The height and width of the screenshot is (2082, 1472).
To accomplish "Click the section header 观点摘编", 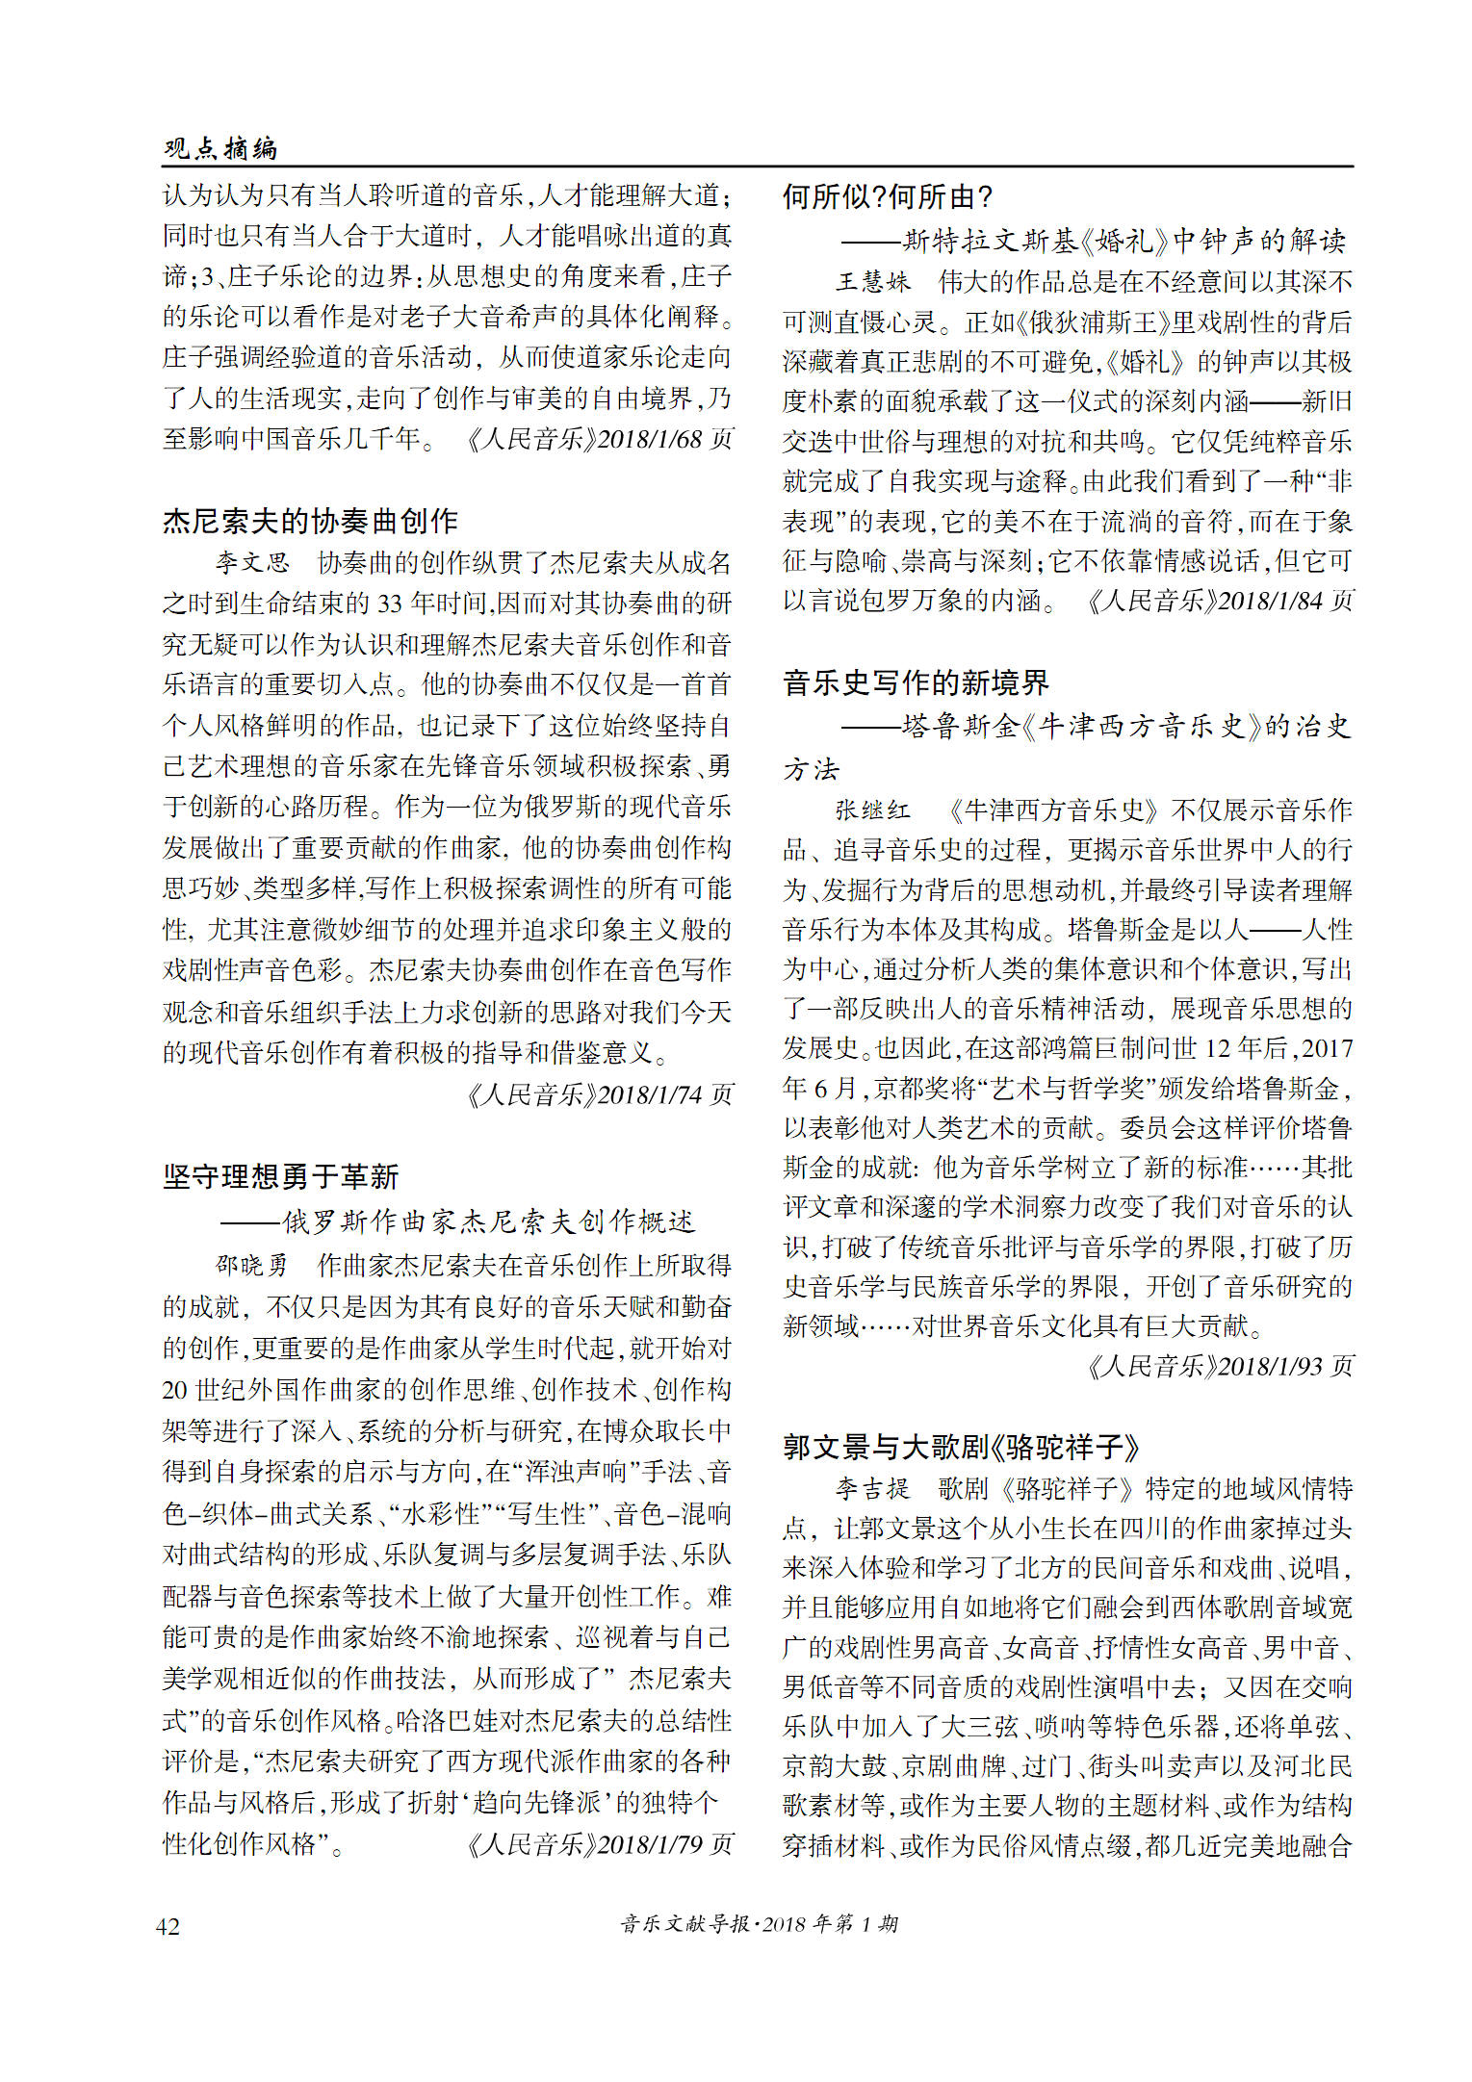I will (220, 148).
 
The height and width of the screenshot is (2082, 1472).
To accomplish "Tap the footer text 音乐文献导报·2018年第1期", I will (760, 1924).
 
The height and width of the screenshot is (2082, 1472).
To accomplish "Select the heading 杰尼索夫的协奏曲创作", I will (310, 521).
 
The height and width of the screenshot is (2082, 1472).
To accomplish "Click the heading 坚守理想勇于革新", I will (280, 1175).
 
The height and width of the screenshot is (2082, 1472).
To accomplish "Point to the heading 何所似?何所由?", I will (887, 197).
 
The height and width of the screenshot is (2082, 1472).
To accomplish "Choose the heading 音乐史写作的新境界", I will (916, 682).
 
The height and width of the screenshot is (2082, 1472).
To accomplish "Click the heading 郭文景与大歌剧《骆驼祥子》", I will (961, 1447).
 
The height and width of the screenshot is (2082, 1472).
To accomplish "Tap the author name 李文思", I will (252, 562).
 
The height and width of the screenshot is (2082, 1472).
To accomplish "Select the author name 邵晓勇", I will (252, 1264).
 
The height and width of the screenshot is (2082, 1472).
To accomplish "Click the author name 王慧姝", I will (872, 281).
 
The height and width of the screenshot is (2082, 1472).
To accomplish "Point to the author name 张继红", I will (872, 810).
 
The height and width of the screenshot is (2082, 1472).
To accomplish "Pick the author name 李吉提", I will (872, 1488).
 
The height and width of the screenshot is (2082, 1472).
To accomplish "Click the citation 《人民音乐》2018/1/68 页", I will (599, 439).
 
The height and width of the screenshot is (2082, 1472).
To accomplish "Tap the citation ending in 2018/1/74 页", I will (599, 1094).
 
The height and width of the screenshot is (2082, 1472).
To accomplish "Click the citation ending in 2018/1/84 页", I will (1219, 601).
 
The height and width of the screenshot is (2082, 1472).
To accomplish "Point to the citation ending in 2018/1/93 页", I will (1219, 1366).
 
